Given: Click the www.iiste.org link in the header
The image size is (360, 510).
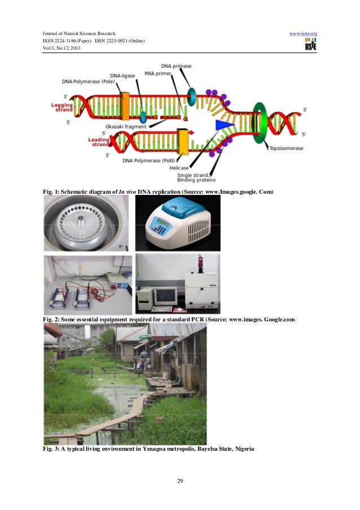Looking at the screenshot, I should [x=303, y=34].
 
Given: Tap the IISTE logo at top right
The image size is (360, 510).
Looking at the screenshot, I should [x=310, y=46].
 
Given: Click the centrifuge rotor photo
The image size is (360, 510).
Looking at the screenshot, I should [x=86, y=223].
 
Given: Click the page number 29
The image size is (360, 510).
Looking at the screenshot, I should [x=180, y=481].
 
